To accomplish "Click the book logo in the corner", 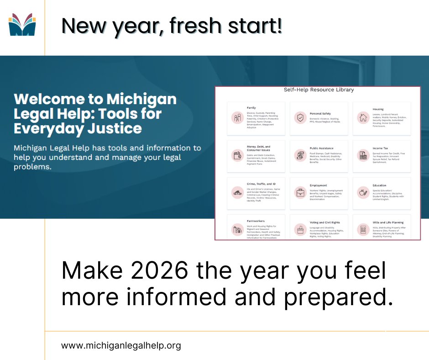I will point(22,25).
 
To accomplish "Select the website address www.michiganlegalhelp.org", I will point(121,345).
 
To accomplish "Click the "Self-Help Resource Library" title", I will point(319,90).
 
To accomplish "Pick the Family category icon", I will point(237,118).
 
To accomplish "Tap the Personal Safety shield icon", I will point(300,117).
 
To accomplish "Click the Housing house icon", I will point(363,117).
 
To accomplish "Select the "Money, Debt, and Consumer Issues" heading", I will point(259,148).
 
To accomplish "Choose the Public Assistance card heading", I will point(321,148).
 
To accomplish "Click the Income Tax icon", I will point(363,155).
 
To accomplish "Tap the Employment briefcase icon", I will point(300,192).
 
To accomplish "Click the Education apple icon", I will point(363,192).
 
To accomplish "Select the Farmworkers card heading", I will point(256,221).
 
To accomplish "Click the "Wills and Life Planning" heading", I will point(388,222).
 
